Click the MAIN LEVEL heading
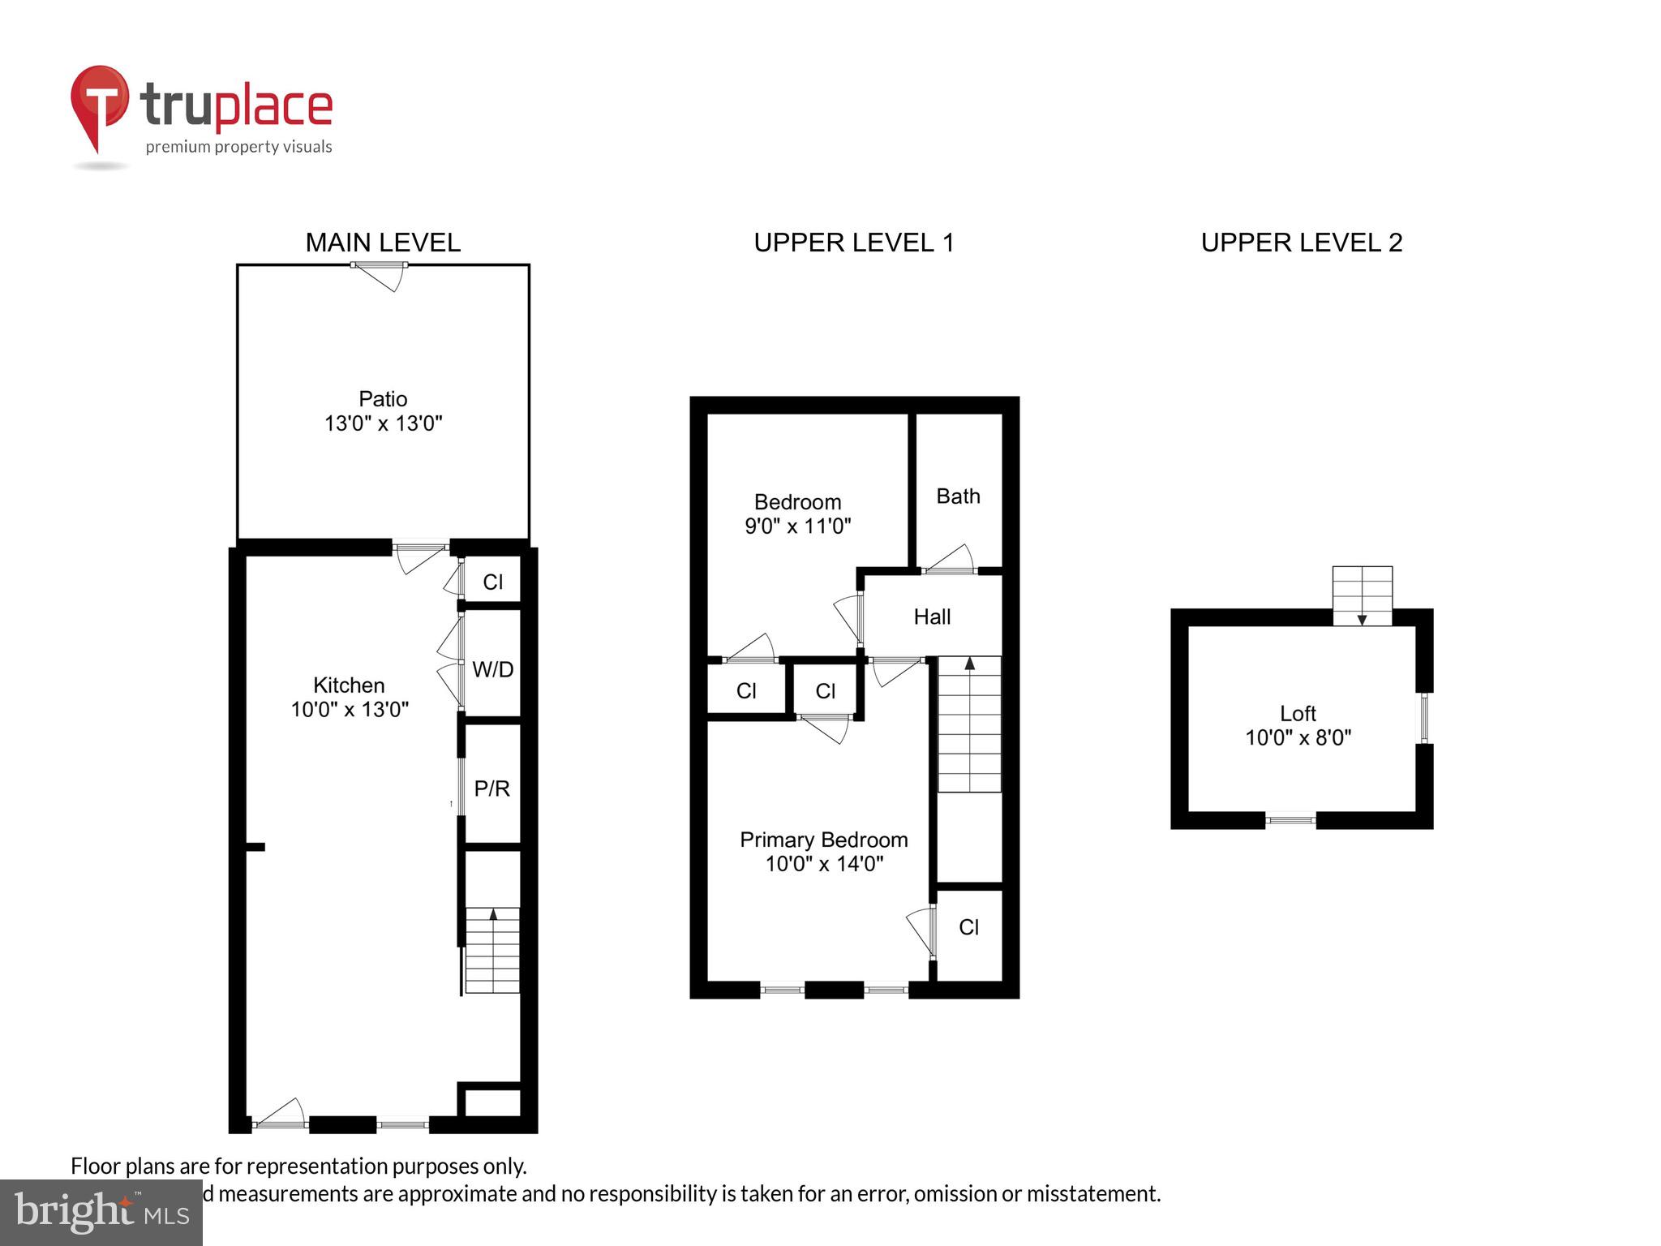click(x=383, y=243)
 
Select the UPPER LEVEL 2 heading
click(x=1301, y=243)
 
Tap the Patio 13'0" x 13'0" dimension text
click(x=383, y=423)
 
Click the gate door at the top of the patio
click(x=380, y=274)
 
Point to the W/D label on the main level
click(x=492, y=670)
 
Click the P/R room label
click(x=491, y=788)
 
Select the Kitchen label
click(x=349, y=685)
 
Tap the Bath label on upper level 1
click(x=958, y=496)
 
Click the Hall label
click(x=932, y=617)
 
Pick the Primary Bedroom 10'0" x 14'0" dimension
click(x=824, y=864)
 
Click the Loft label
click(x=1298, y=714)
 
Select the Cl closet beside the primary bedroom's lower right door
click(x=968, y=927)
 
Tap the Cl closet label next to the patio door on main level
click(x=492, y=582)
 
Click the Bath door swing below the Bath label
click(x=950, y=560)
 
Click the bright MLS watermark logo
click(x=101, y=1212)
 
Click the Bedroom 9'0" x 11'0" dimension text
click(x=797, y=526)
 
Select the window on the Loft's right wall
click(x=1423, y=718)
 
